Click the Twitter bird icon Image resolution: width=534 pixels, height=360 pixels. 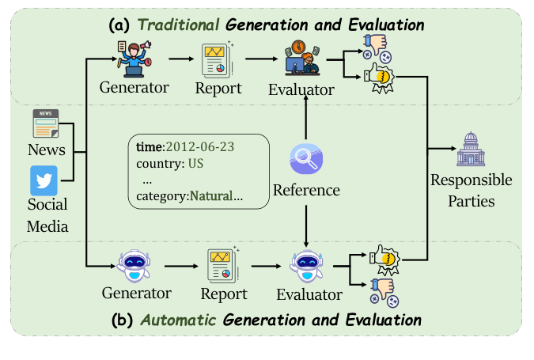tap(45, 181)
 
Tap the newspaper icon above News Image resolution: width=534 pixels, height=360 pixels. tap(45, 124)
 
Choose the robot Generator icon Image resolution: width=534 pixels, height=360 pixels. tap(134, 264)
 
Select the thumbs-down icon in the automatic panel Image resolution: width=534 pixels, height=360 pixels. tap(381, 289)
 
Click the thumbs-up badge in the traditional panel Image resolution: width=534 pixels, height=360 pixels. tap(381, 79)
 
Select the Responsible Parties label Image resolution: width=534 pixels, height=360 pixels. tap(471, 191)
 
